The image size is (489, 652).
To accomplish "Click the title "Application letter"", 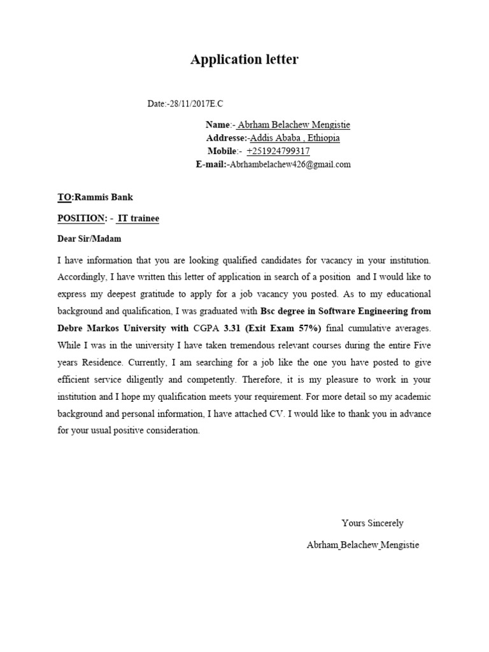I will click(244, 60).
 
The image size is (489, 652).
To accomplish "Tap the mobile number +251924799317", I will click(278, 151).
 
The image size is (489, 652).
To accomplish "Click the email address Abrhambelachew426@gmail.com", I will click(290, 164).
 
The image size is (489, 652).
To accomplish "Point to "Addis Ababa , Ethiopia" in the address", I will click(295, 138).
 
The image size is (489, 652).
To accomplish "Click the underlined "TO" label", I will click(64, 197).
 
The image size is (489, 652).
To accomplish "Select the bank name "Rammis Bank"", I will click(104, 197).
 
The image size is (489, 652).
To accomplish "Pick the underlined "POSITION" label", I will click(81, 218).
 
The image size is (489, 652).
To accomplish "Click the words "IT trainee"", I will click(138, 218).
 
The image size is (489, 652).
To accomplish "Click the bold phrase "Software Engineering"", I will click(367, 311).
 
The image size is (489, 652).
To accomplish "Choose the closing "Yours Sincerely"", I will click(372, 523).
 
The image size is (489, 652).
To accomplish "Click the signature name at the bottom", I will click(363, 545).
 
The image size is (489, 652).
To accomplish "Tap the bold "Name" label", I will click(217, 125).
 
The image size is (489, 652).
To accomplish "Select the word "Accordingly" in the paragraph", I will click(81, 278).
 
